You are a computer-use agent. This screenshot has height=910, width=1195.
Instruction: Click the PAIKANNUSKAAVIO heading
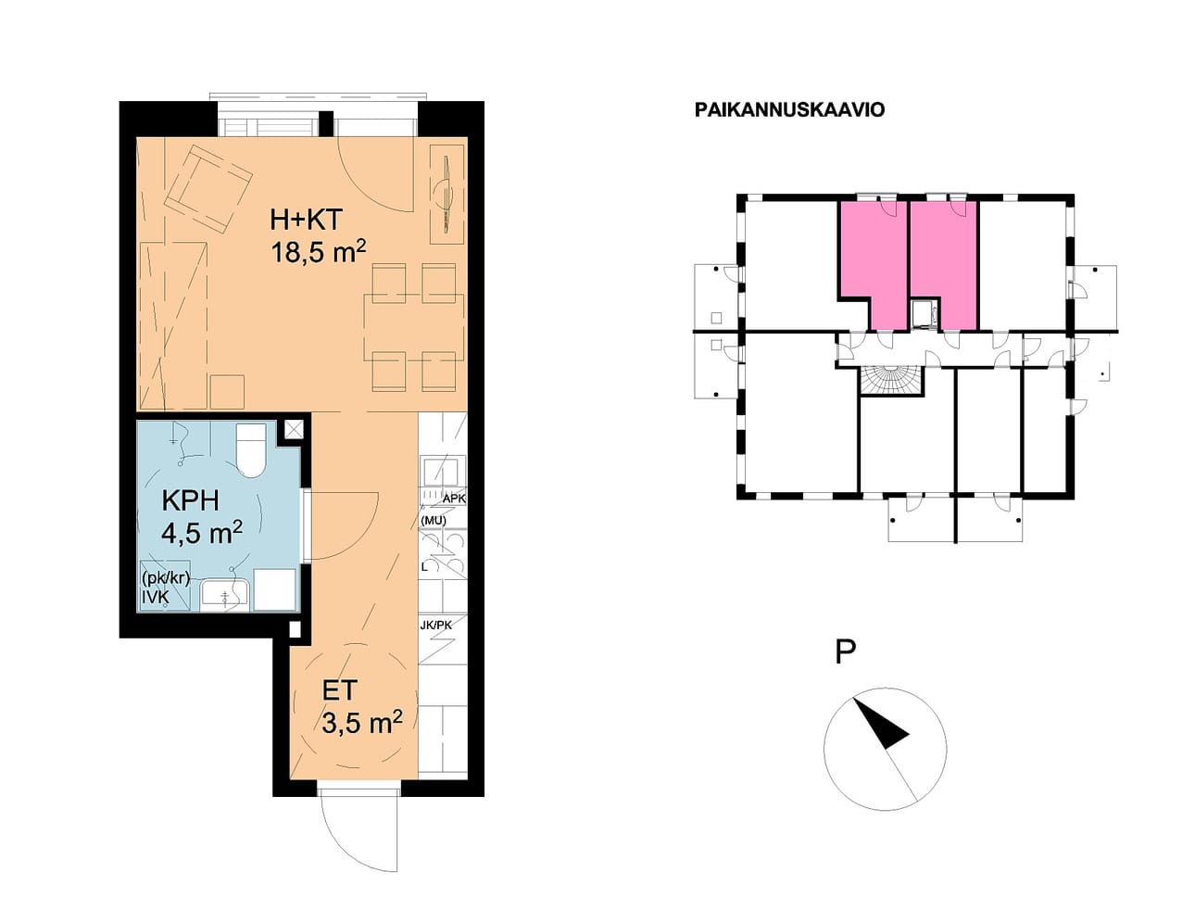(x=789, y=109)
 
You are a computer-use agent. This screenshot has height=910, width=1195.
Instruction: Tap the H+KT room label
(x=307, y=219)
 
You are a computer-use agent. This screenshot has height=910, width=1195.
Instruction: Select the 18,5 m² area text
(x=318, y=252)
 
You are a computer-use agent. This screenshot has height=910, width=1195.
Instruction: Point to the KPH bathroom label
(x=190, y=499)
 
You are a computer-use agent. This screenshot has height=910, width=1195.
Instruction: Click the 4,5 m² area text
(x=201, y=532)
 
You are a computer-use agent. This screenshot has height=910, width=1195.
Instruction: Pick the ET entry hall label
(x=339, y=690)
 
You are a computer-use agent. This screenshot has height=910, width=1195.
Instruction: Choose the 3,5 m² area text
(x=362, y=723)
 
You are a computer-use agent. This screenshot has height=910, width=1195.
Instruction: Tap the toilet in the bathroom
(x=251, y=450)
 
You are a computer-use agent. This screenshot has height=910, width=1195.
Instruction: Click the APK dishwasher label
(x=455, y=499)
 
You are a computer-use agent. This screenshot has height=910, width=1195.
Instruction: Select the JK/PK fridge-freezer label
(x=435, y=625)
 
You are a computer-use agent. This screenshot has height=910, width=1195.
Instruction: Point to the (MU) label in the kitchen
(x=434, y=520)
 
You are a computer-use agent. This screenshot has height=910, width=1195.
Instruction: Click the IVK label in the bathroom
(x=155, y=597)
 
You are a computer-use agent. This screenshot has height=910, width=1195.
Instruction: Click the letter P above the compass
(x=846, y=651)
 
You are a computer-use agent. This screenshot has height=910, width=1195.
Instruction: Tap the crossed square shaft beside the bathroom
(x=294, y=430)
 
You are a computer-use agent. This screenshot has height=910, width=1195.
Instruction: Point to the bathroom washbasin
(x=225, y=595)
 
